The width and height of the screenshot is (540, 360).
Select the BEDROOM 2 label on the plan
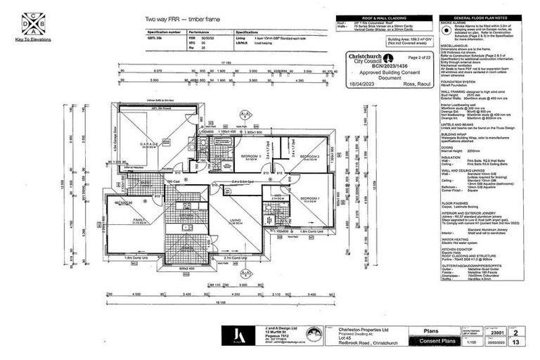pos(310,156)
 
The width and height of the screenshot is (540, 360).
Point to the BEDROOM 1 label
pos(309,199)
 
